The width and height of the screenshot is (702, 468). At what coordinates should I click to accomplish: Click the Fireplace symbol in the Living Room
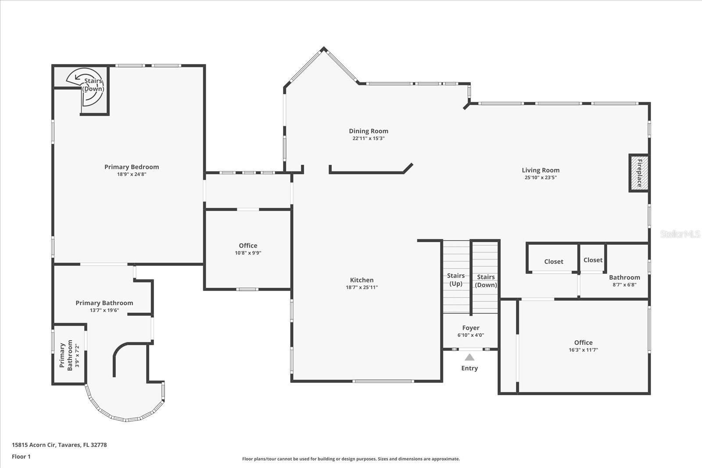[639, 173]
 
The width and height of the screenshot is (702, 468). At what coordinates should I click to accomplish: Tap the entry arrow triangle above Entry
[469, 357]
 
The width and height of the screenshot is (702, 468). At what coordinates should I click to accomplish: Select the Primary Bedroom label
[132, 167]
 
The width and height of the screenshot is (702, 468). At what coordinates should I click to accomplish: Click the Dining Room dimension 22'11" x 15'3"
[369, 138]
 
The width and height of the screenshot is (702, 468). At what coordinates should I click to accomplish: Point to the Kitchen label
[362, 280]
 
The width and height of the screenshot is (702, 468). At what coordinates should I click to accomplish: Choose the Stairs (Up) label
[455, 279]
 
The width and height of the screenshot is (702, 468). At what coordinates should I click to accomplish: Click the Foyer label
[470, 328]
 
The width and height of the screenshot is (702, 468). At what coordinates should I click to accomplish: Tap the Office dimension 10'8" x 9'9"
[248, 253]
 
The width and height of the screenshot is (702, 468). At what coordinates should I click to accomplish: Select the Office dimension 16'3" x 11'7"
[583, 350]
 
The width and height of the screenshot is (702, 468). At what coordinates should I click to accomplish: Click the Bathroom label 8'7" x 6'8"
[624, 277]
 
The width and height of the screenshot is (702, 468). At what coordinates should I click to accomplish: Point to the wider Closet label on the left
[553, 261]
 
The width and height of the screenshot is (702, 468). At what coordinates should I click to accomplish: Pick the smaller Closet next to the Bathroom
[593, 260]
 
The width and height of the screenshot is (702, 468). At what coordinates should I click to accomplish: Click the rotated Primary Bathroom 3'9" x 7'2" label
[67, 355]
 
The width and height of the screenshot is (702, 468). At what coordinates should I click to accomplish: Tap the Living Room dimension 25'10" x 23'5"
[540, 178]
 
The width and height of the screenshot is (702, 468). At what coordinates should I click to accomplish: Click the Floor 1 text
[21, 457]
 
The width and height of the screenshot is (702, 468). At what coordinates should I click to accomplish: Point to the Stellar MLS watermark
[680, 234]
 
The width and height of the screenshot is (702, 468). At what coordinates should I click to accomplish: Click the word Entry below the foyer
[469, 368]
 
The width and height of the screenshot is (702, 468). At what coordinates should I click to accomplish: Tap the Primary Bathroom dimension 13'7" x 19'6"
[104, 310]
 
